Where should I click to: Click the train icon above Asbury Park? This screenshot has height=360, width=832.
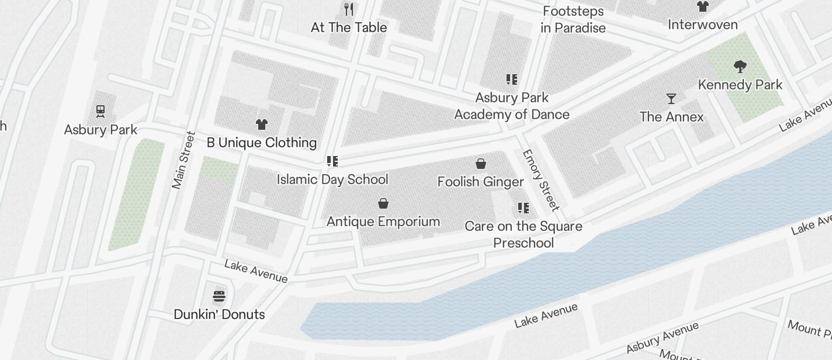click(100, 110)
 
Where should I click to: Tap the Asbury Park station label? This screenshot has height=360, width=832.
click(100, 130)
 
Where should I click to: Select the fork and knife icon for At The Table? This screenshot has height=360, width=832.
click(349, 9)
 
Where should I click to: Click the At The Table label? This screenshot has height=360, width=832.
click(349, 27)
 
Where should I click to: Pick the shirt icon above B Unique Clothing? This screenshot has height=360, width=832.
click(262, 124)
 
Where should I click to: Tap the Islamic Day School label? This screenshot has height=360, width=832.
click(332, 179)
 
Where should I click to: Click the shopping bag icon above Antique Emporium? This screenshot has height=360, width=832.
click(383, 203)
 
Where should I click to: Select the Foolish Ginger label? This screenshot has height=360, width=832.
click(480, 182)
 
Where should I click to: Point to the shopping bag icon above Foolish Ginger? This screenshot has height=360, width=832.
click(480, 164)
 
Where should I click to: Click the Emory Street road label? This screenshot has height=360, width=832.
click(540, 180)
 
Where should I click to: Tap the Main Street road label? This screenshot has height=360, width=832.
click(183, 160)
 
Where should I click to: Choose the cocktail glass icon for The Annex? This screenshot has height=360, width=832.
click(671, 98)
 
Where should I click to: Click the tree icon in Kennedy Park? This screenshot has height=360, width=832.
click(740, 66)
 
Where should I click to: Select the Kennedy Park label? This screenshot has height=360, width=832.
click(740, 85)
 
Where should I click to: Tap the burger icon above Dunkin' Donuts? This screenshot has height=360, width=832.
click(219, 296)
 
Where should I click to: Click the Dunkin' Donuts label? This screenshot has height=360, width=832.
click(219, 314)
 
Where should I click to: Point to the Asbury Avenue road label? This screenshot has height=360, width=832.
click(662, 338)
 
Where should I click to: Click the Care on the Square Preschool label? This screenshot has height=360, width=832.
click(524, 234)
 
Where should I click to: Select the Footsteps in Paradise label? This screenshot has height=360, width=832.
click(573, 19)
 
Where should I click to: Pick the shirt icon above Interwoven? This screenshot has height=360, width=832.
click(702, 6)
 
